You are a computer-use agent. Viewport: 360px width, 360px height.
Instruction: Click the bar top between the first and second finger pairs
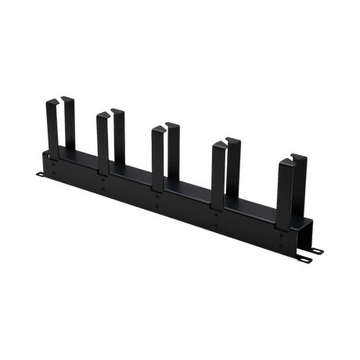[86, 160]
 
